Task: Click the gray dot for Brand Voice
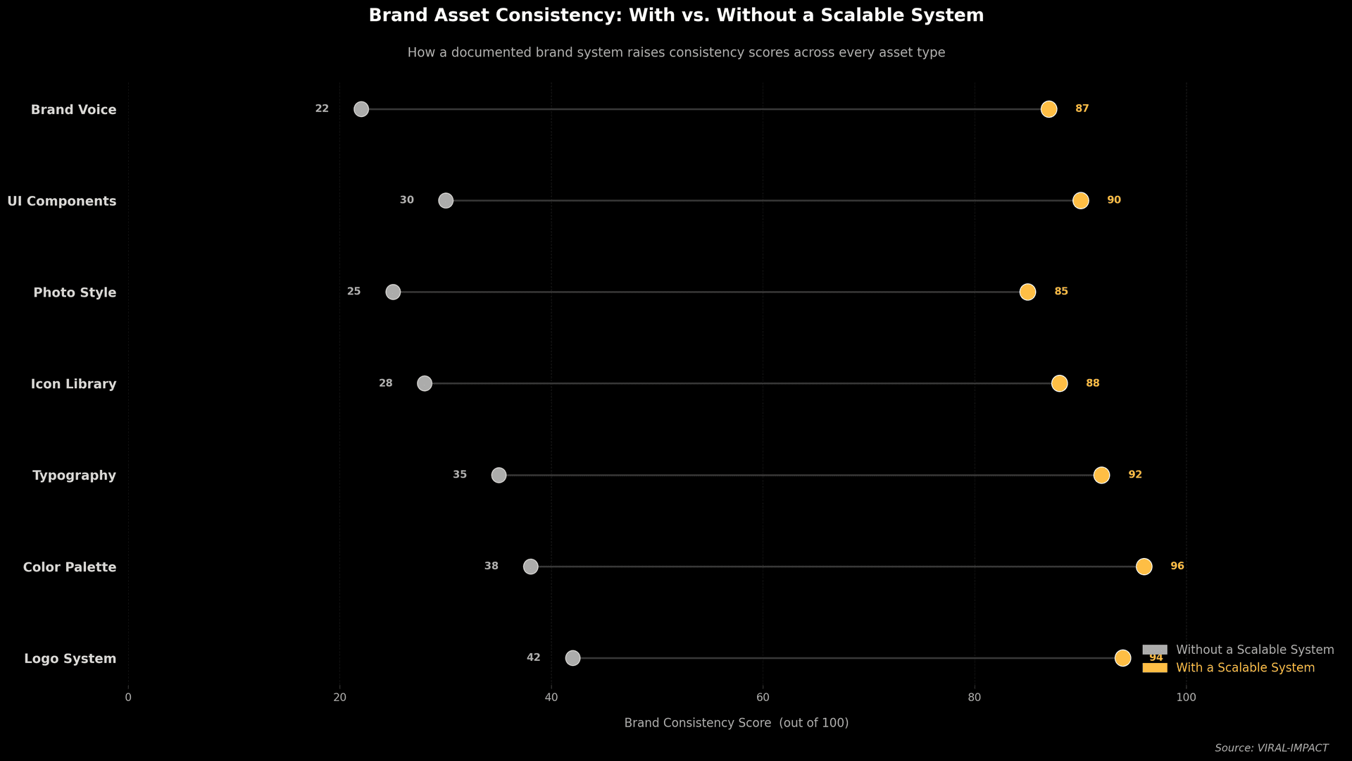(x=361, y=109)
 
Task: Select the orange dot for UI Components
(x=1080, y=201)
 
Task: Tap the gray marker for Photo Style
(x=393, y=292)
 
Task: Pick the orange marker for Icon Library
(x=1059, y=383)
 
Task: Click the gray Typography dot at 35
(x=499, y=475)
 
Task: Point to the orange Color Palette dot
(x=1144, y=567)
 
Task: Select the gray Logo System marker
(x=572, y=658)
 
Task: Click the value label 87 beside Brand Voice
(x=1082, y=109)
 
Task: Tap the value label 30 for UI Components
(x=406, y=200)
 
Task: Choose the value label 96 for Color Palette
(x=1177, y=566)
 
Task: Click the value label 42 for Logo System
(x=533, y=657)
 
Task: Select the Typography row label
(x=74, y=476)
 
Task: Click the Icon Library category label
(x=73, y=384)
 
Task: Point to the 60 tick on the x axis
(x=763, y=698)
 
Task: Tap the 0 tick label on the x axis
(x=128, y=698)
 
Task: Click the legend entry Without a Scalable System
(x=1254, y=650)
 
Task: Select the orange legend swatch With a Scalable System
(x=1154, y=667)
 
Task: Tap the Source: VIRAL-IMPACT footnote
(x=1271, y=748)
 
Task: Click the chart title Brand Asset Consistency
(x=676, y=16)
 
